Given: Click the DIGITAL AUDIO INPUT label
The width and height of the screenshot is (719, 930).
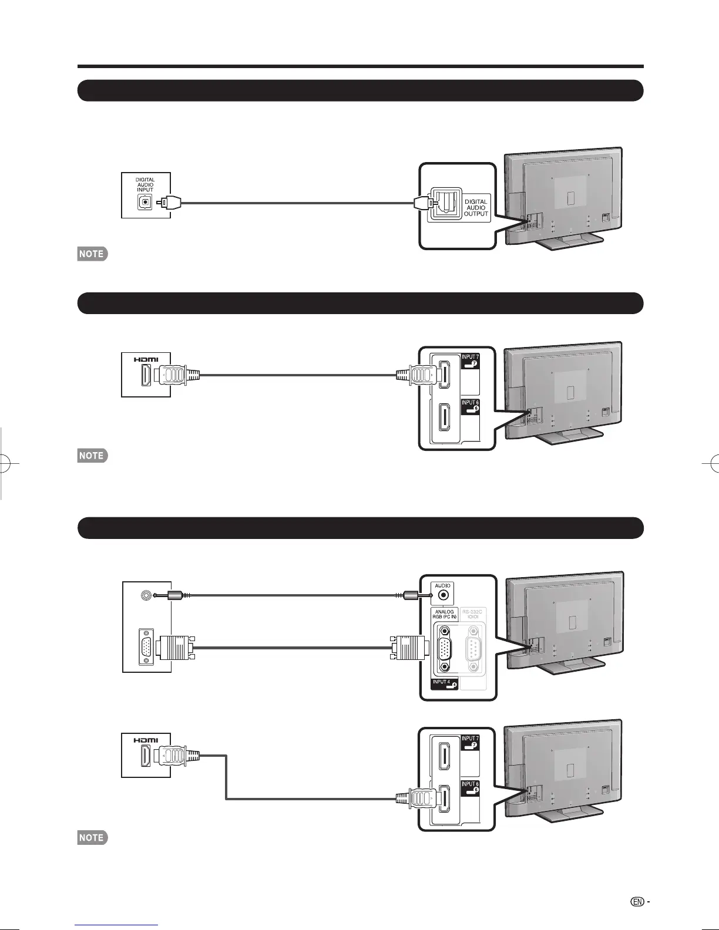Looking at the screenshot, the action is pos(145,185).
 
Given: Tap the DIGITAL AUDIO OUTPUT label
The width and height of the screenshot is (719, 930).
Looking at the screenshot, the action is pos(476,208).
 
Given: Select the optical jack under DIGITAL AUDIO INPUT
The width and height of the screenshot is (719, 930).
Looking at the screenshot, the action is pos(145,203).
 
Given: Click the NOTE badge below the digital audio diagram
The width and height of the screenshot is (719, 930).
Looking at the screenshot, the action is pos(92,254).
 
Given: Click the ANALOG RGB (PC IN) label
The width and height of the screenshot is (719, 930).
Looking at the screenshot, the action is pos(445,614).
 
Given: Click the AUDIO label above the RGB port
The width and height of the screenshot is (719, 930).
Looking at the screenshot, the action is pos(443,585).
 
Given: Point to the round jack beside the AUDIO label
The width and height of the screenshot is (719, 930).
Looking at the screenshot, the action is pos(444,595).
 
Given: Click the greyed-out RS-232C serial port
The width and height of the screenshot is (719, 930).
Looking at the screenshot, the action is pos(473,650).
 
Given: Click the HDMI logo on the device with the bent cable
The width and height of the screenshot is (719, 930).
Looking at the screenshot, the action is pos(146,740).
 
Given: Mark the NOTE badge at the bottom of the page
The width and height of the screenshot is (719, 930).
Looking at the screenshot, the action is pos(92,838).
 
